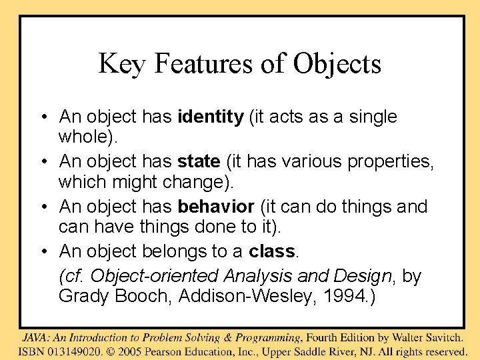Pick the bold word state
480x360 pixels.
(x=199, y=162)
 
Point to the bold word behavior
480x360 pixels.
(x=216, y=207)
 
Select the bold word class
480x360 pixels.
(x=272, y=251)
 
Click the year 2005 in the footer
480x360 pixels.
(x=137, y=351)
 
